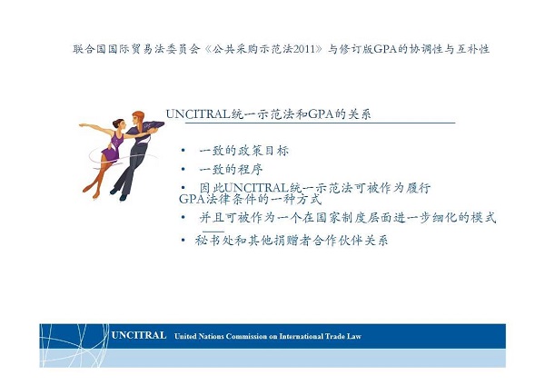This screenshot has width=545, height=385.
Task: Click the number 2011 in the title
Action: (x=303, y=49)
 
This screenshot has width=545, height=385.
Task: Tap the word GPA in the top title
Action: (x=385, y=49)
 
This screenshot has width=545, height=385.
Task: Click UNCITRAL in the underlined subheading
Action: (x=198, y=114)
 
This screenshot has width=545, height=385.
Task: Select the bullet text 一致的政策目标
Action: (x=244, y=151)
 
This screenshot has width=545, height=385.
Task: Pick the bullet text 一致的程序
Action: (x=231, y=169)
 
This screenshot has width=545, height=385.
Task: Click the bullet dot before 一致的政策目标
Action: (x=183, y=151)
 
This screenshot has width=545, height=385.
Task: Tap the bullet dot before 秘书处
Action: (x=183, y=240)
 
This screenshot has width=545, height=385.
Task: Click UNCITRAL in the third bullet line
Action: (x=254, y=188)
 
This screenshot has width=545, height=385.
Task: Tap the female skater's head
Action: (x=118, y=124)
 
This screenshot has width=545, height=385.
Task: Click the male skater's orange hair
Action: (x=139, y=117)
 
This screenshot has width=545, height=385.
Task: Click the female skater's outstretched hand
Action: (x=82, y=124)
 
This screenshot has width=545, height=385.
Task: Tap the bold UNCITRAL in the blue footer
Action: (x=139, y=335)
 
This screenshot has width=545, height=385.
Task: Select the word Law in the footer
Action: (x=354, y=336)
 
